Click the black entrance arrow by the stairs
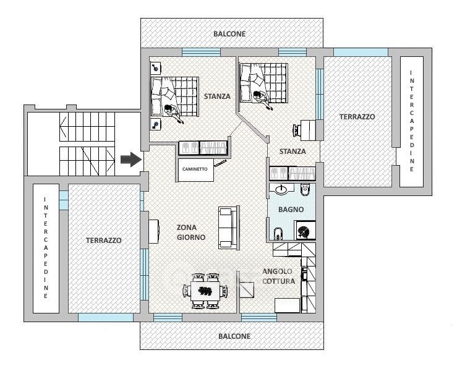pyautogui.click(x=131, y=160)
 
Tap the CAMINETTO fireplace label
pyautogui.click(x=195, y=169)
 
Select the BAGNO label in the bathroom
pyautogui.click(x=291, y=209)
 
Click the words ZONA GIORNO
pyautogui.click(x=191, y=232)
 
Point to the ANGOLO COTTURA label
pyautogui.click(x=278, y=276)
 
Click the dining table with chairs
pyautogui.click(x=205, y=291)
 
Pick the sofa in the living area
pyautogui.click(x=229, y=228)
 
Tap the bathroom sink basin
pyautogui.click(x=281, y=189)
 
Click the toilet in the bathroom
pyautogui.click(x=305, y=190)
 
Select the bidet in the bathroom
pyautogui.click(x=278, y=234)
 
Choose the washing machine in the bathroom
pyautogui.click(x=305, y=231)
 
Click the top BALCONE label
pyautogui.click(x=229, y=34)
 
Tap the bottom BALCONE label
pyautogui.click(x=234, y=336)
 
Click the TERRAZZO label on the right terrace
pyautogui.click(x=357, y=117)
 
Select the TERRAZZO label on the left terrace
pyautogui.click(x=103, y=241)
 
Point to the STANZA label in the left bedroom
pyautogui.click(x=217, y=96)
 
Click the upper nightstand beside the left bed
pyautogui.click(x=156, y=69)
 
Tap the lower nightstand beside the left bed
pyautogui.click(x=156, y=124)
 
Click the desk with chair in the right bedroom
pyautogui.click(x=305, y=130)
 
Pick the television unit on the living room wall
pyautogui.click(x=154, y=231)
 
